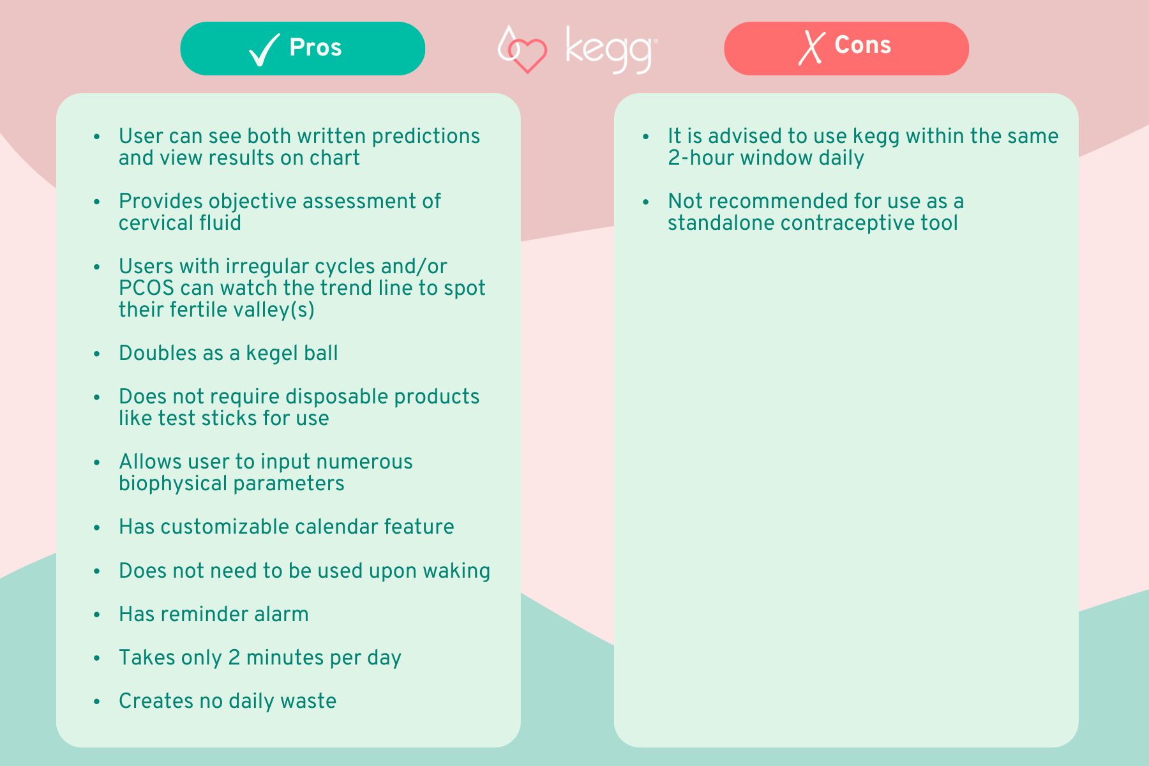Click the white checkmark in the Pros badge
(x=264, y=50)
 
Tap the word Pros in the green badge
(x=315, y=48)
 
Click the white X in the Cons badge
(x=811, y=48)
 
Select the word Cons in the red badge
(x=862, y=45)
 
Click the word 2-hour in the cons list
(x=700, y=158)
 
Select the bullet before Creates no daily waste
(x=97, y=702)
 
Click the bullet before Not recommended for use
(x=646, y=202)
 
